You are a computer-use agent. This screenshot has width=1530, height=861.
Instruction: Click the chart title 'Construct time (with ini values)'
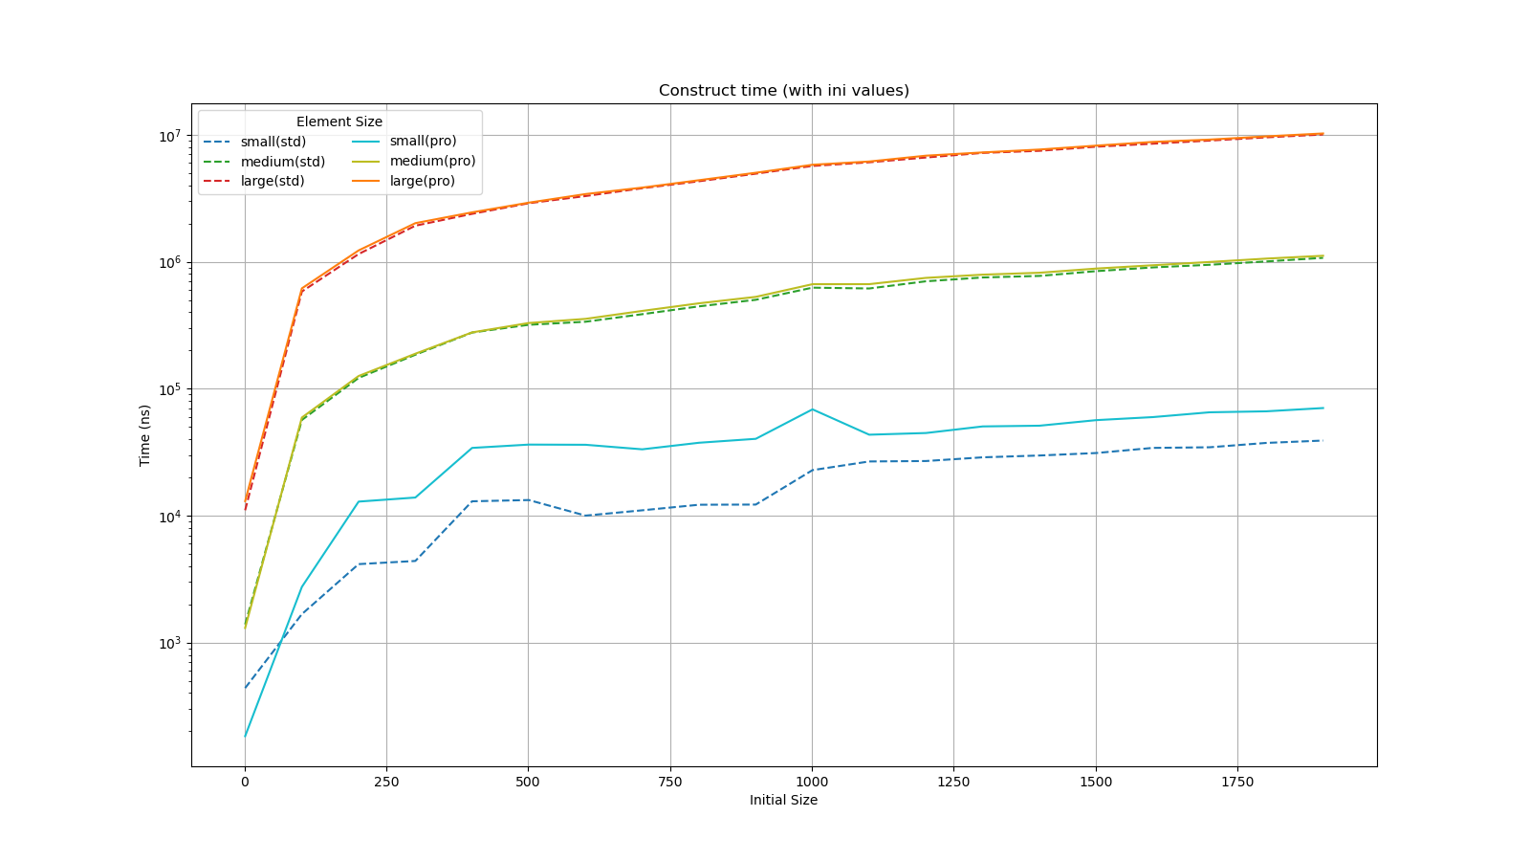point(783,91)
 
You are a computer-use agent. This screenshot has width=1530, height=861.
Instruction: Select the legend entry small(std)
point(273,142)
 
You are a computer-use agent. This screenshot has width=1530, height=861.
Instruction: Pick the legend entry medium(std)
point(283,162)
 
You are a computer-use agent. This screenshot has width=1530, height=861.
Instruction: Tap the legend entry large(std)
point(273,181)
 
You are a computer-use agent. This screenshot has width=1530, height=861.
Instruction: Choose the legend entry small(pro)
point(423,142)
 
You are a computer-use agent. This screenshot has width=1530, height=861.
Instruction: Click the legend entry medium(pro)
point(432,162)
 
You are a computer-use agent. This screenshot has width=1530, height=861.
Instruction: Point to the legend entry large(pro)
point(422,181)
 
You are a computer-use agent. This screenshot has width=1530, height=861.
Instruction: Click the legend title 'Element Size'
point(339,121)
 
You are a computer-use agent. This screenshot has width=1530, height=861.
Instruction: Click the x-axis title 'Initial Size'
point(783,800)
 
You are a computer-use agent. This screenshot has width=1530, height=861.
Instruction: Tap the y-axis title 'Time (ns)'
point(145,434)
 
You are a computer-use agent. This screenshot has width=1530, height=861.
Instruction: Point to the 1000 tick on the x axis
point(812,782)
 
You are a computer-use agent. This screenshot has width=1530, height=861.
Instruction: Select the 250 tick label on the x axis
point(386,782)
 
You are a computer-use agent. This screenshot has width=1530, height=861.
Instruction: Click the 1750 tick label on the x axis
point(1237,782)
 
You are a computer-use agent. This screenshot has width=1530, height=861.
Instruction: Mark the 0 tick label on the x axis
point(245,782)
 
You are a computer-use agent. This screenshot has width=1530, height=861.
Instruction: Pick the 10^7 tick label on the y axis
point(168,136)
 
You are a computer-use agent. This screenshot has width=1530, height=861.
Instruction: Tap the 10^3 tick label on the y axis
point(168,643)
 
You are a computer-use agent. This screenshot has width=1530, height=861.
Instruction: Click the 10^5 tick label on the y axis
point(168,389)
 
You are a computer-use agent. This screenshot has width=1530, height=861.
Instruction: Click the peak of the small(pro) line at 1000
point(812,409)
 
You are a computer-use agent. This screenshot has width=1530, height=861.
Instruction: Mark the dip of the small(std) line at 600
point(585,516)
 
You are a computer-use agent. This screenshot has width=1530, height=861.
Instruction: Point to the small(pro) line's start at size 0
point(245,737)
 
